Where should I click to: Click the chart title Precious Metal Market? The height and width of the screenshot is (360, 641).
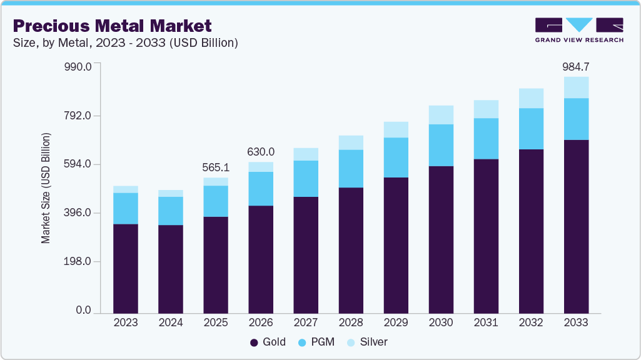coord(113,26)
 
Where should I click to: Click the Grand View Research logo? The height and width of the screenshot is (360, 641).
coord(578,30)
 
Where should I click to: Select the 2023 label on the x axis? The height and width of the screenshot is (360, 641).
coord(126,323)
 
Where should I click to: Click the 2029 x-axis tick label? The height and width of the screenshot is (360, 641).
coord(396,323)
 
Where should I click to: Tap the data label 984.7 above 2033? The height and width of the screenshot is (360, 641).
coord(576,66)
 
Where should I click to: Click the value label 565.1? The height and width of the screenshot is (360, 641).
coord(216,167)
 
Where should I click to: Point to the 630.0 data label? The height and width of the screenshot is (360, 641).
coord(261,152)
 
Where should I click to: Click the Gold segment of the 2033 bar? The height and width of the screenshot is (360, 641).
coord(576,225)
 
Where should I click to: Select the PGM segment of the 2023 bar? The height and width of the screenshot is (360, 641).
coord(126,208)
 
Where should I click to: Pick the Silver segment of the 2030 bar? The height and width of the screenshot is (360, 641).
coord(441,115)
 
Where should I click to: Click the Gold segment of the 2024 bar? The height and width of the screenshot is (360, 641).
coord(171,269)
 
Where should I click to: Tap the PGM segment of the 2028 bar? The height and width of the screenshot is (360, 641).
coord(351,169)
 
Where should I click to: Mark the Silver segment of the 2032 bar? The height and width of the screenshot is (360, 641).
coord(531,98)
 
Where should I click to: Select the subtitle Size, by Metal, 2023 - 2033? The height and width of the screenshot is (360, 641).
coord(125,42)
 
